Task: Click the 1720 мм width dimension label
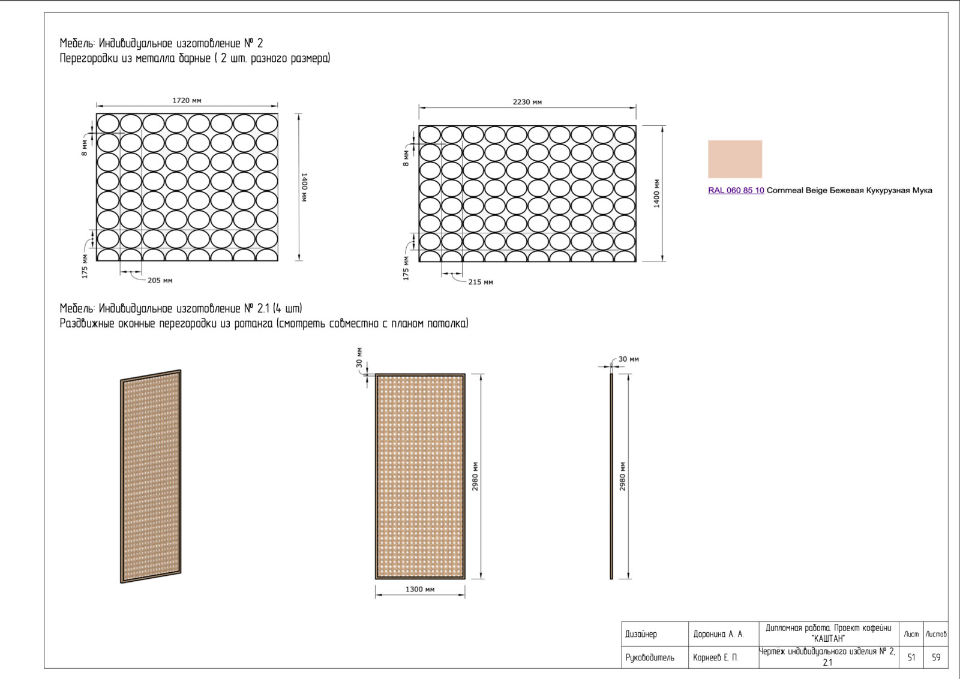[187, 100]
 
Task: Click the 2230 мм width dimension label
[527, 102]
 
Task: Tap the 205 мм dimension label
[160, 280]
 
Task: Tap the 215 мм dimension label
[481, 282]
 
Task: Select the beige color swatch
[735, 159]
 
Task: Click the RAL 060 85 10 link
[736, 190]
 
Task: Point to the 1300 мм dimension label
[420, 589]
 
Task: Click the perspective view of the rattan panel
[151, 476]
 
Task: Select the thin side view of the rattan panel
[611, 476]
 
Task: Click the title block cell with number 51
[911, 657]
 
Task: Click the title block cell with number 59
[936, 657]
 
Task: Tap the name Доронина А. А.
[718, 634]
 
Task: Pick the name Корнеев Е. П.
[715, 657]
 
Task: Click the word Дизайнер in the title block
[641, 634]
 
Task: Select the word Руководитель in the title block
[650, 657]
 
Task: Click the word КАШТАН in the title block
[829, 638]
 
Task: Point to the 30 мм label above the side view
[628, 359]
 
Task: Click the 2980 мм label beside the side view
[622, 476]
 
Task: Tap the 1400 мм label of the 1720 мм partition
[304, 187]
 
